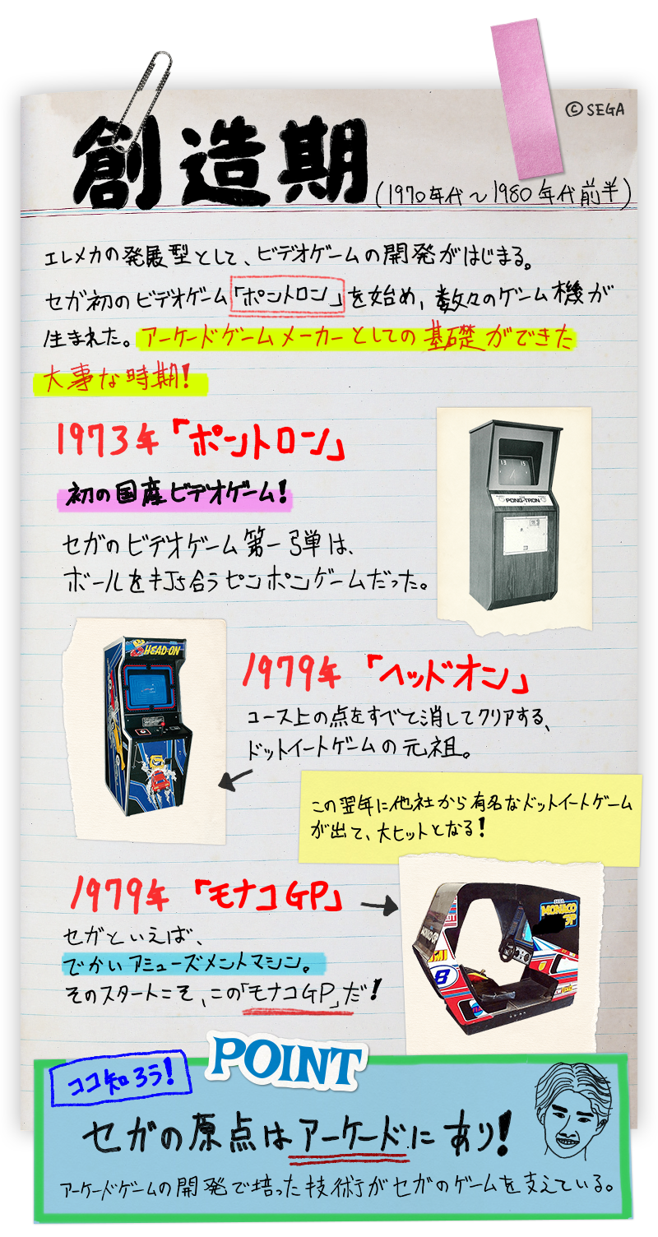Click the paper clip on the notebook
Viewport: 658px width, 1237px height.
141,101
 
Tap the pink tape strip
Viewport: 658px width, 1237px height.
526,99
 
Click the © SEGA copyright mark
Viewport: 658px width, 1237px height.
595,109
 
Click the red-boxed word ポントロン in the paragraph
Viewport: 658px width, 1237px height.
287,298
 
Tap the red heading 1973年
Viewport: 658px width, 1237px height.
108,441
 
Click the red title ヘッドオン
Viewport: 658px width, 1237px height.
447,674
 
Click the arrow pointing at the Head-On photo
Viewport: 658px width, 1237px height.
235,780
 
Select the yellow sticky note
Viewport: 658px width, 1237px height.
470,818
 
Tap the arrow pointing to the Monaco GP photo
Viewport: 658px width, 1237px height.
379,906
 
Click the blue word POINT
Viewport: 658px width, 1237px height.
286,1060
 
